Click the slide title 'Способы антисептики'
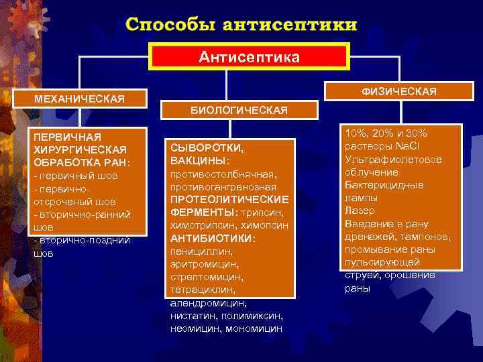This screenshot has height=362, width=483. [x=241, y=25]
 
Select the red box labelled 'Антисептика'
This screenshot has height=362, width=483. [x=249, y=56]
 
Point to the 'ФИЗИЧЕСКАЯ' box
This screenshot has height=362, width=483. [x=398, y=90]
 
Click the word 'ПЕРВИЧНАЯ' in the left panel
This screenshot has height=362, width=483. [x=60, y=137]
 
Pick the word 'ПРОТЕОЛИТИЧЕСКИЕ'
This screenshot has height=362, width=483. [x=229, y=200]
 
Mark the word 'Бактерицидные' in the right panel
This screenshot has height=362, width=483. [x=383, y=184]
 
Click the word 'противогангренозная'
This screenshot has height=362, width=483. [x=223, y=186]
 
